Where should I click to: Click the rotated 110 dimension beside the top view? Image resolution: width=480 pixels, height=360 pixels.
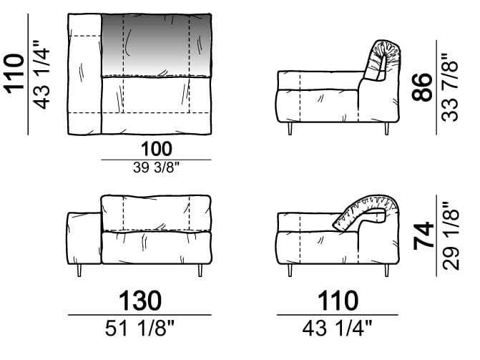click(14, 73)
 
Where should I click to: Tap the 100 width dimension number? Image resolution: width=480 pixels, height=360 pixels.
click(157, 149)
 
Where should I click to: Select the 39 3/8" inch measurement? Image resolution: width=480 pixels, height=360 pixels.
click(156, 167)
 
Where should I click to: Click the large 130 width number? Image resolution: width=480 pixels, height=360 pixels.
click(140, 301)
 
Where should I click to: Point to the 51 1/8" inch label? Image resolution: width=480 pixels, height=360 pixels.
click(139, 328)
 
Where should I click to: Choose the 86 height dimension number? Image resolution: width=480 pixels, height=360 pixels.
click(422, 87)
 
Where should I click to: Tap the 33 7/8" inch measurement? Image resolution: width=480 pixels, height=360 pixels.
click(450, 87)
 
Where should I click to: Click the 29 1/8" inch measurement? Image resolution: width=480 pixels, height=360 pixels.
click(451, 236)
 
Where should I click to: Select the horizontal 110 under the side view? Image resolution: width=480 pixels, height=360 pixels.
click(338, 301)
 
